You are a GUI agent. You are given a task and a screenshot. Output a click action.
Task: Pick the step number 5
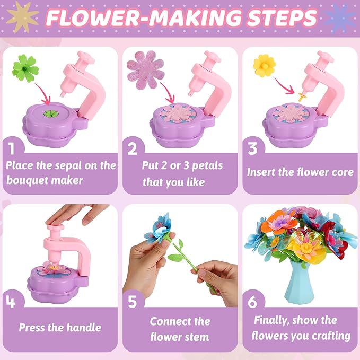[133, 302]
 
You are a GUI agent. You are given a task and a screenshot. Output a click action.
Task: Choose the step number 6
[253, 302]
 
